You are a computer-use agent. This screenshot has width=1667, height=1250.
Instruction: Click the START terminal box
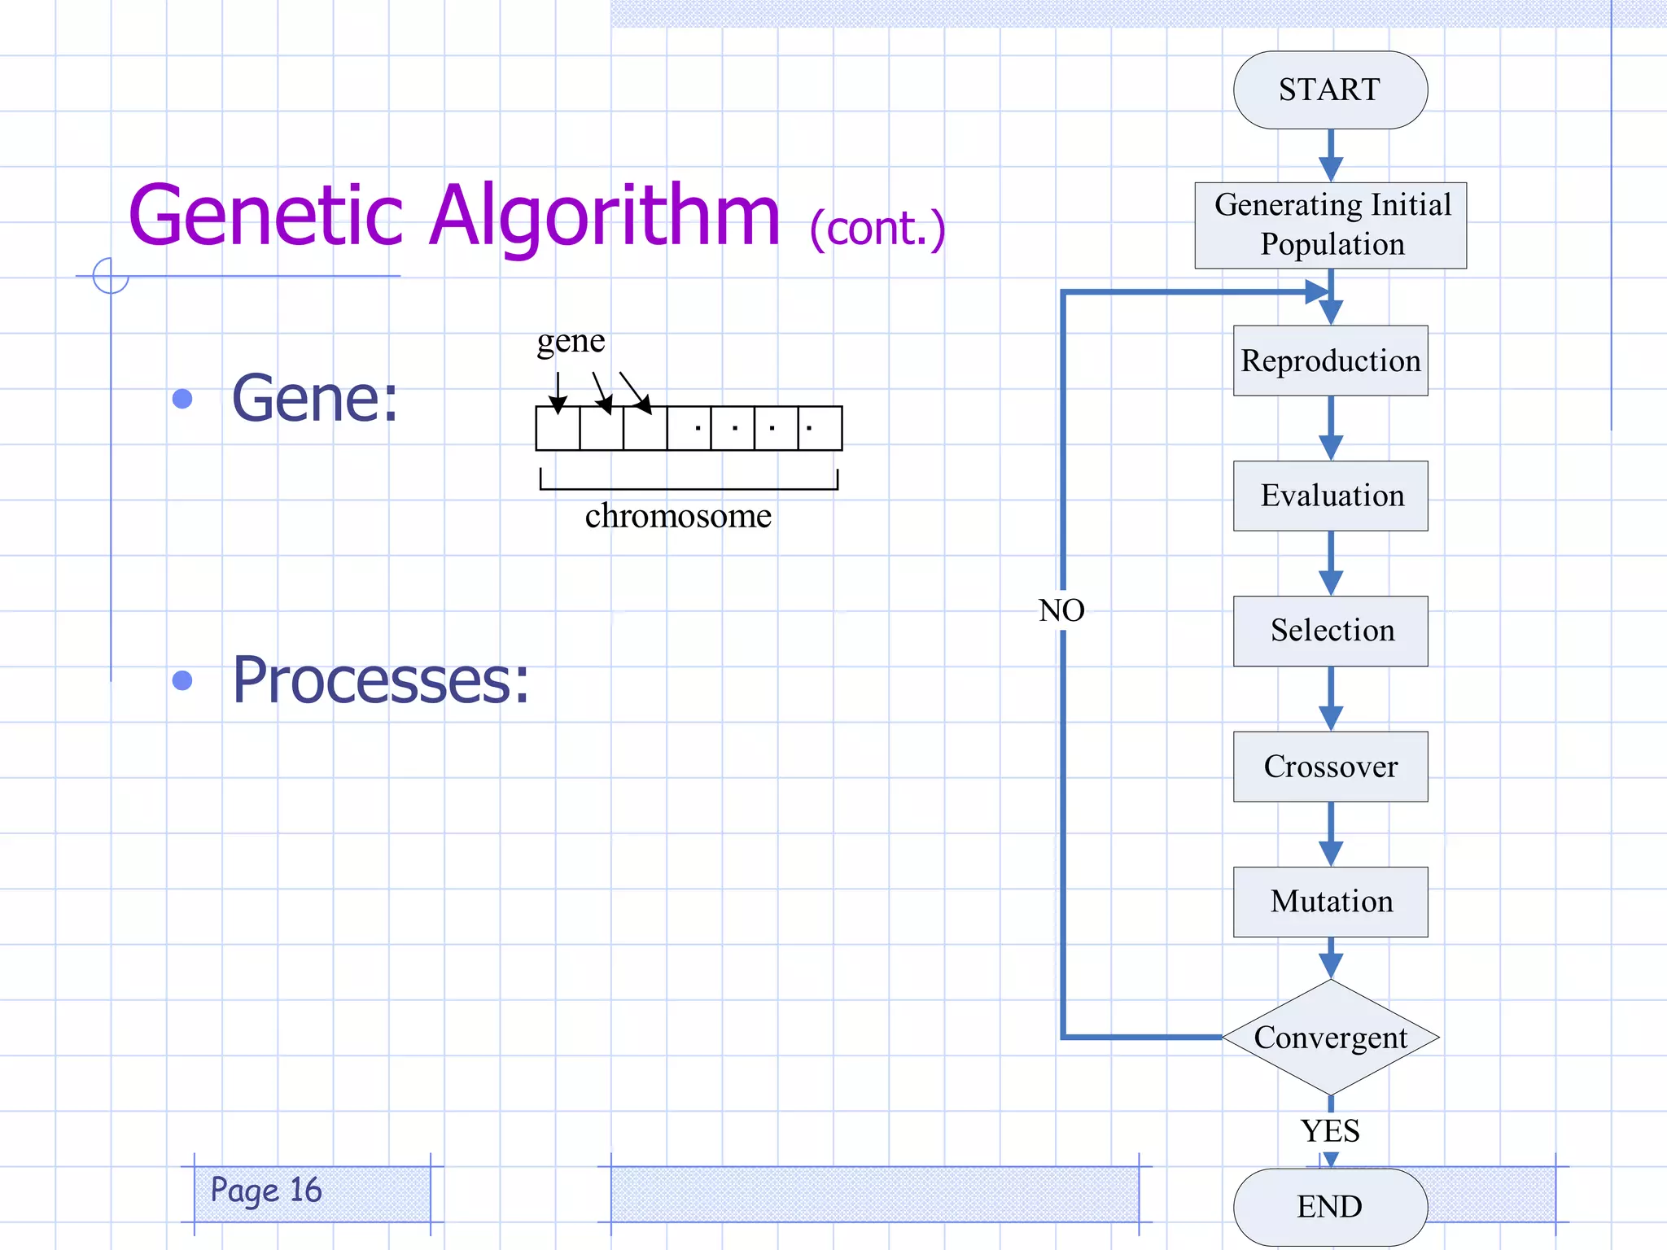tap(1330, 90)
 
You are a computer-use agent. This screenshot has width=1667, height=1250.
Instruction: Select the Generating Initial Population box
tap(1330, 225)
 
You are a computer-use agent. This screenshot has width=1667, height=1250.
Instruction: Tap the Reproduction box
tap(1330, 361)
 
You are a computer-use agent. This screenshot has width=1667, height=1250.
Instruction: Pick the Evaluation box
tap(1330, 496)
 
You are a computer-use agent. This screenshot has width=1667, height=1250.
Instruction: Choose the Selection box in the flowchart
tap(1330, 631)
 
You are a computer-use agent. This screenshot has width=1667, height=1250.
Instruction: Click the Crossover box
tap(1330, 766)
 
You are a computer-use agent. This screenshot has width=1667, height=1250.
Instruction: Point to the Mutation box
tap(1330, 902)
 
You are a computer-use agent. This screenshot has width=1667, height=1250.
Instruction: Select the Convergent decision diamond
tap(1330, 1037)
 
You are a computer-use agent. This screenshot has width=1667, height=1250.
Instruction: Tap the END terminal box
tap(1330, 1206)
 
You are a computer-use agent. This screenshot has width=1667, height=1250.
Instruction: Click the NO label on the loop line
tap(1061, 610)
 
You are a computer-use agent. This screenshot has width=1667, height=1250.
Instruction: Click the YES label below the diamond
tap(1330, 1131)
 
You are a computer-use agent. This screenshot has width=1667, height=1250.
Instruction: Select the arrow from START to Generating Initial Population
tap(1330, 156)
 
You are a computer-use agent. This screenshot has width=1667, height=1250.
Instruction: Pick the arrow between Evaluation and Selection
tap(1330, 563)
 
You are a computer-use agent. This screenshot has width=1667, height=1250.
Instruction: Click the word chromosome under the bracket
tap(678, 516)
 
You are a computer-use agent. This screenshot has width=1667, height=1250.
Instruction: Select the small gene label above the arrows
tap(571, 341)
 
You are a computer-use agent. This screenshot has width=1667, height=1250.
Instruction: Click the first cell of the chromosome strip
tap(558, 429)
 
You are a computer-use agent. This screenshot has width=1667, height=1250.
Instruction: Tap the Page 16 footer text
tap(266, 1191)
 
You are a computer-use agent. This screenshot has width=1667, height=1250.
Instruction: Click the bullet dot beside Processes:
tap(182, 680)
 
